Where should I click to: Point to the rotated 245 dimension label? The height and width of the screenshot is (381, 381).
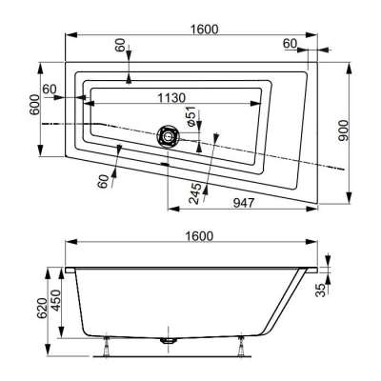click(194, 193)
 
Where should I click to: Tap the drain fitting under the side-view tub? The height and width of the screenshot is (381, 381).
click(169, 339)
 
